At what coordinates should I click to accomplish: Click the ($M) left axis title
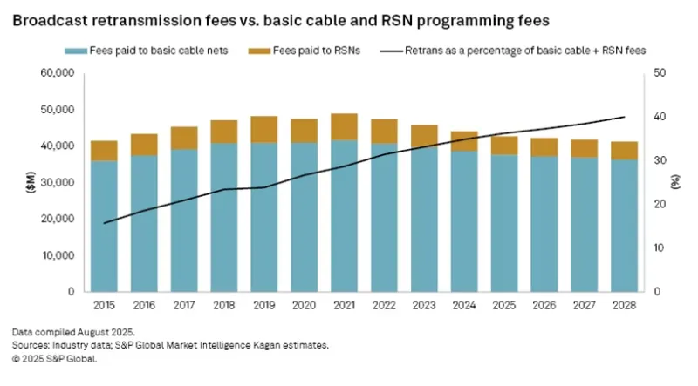[x=17, y=183]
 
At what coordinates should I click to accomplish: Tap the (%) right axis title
[x=676, y=183]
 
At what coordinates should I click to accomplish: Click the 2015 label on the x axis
[x=104, y=306]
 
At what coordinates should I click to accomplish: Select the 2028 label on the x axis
[x=624, y=306]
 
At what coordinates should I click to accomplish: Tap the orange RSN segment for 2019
[x=264, y=129]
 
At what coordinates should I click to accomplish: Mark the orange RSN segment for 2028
[x=624, y=150]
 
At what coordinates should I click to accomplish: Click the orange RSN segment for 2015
[x=104, y=150]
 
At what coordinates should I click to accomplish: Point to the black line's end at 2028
[x=624, y=117]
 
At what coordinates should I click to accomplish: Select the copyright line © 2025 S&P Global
[x=54, y=358]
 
